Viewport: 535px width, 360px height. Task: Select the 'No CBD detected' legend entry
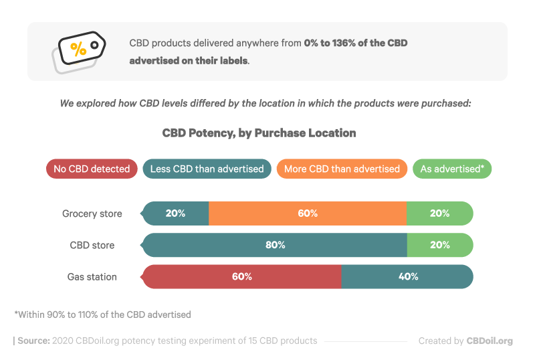tap(92, 169)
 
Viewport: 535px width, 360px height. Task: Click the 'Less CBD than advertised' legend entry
tap(207, 169)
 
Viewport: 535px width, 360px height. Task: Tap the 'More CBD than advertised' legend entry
tap(342, 169)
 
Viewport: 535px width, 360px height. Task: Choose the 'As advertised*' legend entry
tap(452, 169)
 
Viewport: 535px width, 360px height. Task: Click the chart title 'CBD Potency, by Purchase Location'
tap(259, 133)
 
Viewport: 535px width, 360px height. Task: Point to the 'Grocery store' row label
tap(92, 214)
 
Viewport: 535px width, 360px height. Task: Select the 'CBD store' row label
tap(92, 246)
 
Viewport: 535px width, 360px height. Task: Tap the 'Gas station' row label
tap(92, 276)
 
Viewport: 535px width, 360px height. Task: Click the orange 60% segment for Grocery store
tap(308, 214)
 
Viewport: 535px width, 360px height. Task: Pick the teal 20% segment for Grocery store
tap(175, 214)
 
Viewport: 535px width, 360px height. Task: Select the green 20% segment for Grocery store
tap(439, 214)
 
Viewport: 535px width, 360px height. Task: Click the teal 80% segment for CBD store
tap(275, 246)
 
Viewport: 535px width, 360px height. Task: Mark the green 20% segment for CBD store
tap(439, 246)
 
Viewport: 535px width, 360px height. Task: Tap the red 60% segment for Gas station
tap(241, 276)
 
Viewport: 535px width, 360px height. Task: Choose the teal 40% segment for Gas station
tap(407, 276)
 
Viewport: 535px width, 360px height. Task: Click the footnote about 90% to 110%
tap(102, 314)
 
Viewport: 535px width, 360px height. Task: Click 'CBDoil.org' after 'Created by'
tap(490, 341)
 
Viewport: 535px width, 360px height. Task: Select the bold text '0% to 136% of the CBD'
tap(356, 43)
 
